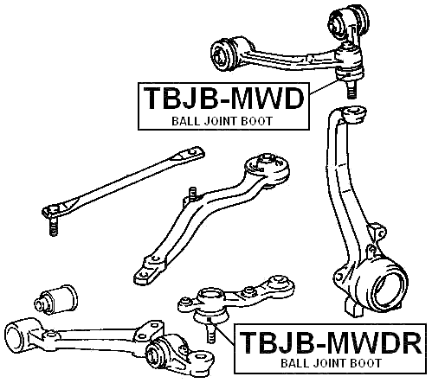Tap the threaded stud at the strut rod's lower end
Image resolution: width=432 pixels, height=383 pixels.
pyautogui.click(x=51, y=227)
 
